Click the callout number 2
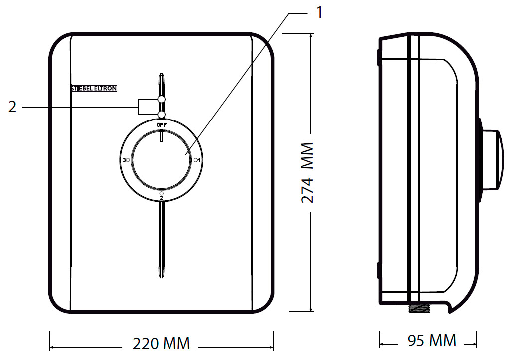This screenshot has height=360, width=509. pos(12,107)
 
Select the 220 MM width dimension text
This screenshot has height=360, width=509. pos(161,344)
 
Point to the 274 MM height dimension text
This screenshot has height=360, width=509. pos(308,173)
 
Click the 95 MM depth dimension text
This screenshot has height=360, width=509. pos(432,341)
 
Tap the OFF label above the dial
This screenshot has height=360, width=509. pos(161,125)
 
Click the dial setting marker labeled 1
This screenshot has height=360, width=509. pos(197,160)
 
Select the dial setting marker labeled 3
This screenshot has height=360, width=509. pos(126,160)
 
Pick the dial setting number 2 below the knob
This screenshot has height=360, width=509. pos(161,198)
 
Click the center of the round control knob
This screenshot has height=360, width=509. pos(161,160)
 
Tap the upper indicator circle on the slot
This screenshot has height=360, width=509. pos(161,100)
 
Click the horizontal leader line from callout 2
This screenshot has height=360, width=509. pos(80,107)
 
